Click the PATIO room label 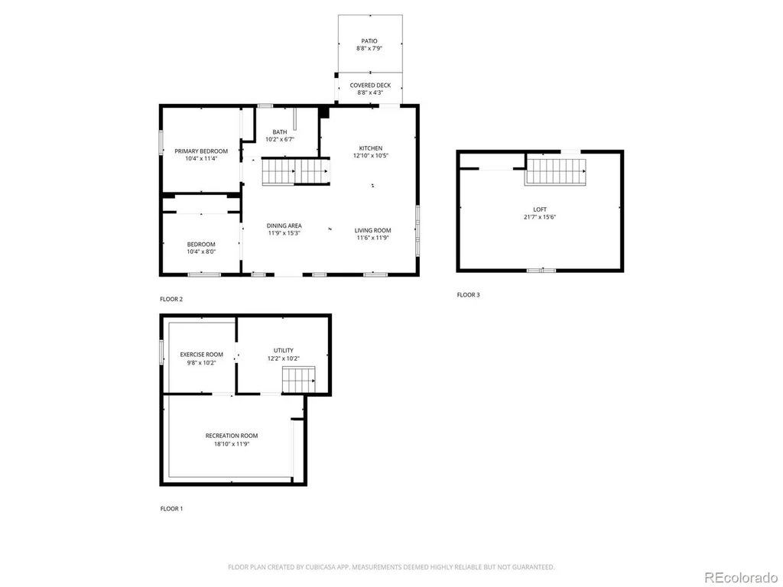(369, 41)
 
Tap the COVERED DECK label (370, 86)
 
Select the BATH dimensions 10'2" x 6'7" (280, 139)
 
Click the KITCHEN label (371, 148)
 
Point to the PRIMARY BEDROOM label (201, 151)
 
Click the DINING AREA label (284, 225)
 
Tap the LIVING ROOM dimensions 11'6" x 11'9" (372, 238)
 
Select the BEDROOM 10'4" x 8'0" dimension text (201, 251)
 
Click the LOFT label (540, 209)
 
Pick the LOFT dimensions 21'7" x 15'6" (540, 217)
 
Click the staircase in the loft (555, 172)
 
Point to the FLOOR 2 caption (171, 299)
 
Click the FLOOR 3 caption (469, 295)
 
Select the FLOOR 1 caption (171, 508)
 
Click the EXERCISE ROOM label (202, 355)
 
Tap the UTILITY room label (283, 350)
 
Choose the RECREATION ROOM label (232, 436)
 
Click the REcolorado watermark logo (741, 578)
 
